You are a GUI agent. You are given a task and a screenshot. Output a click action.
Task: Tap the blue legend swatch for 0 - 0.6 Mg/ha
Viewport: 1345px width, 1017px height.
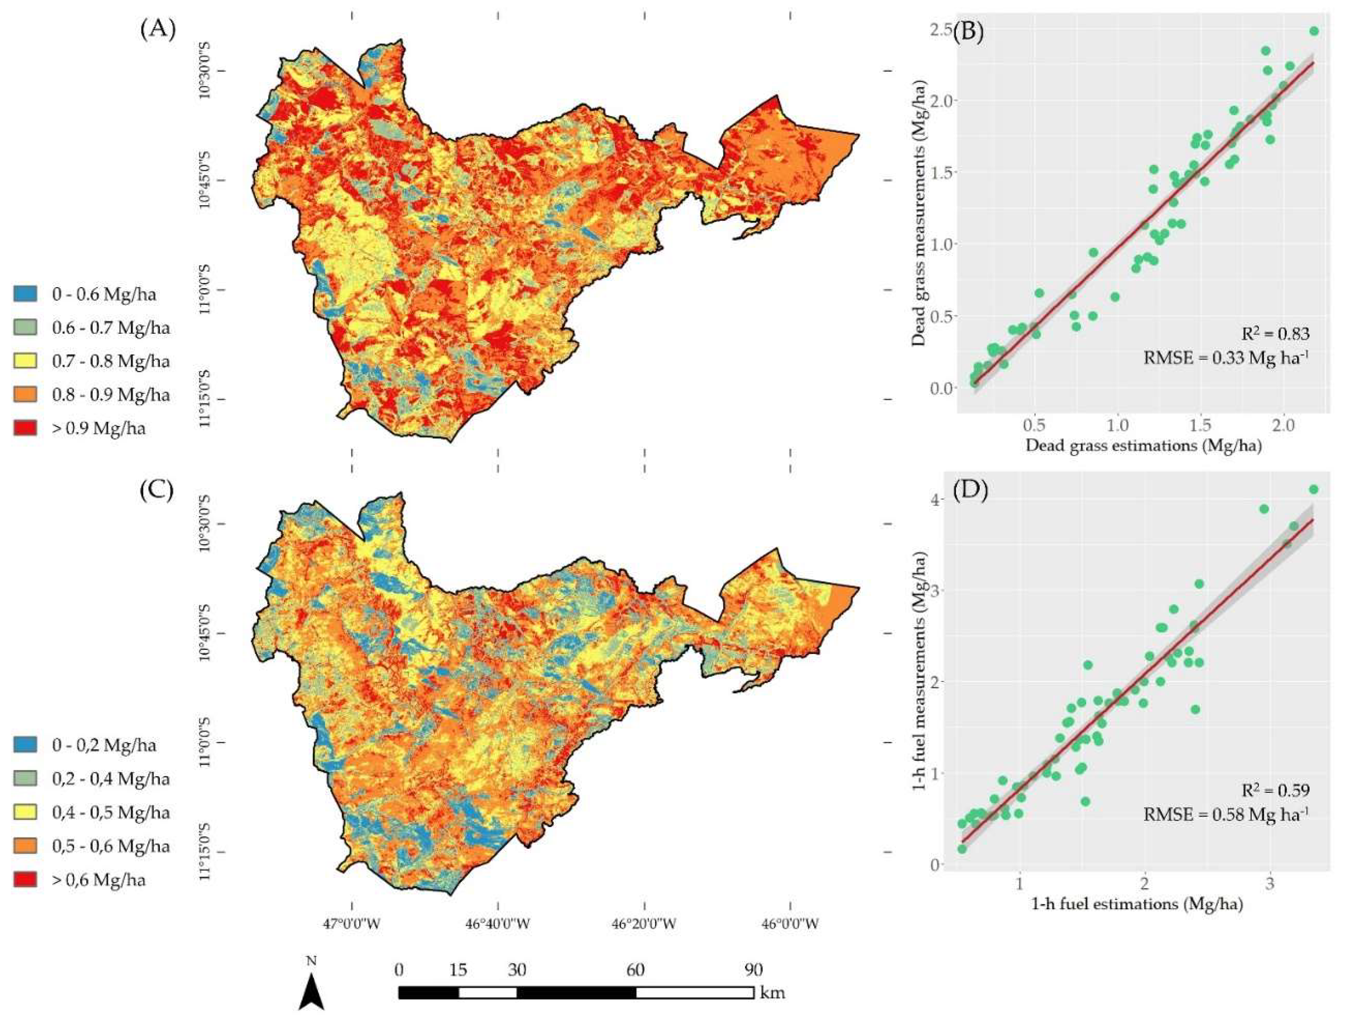click(x=25, y=294)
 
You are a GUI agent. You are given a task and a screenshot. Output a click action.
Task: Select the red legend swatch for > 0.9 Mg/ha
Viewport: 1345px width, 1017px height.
click(x=25, y=428)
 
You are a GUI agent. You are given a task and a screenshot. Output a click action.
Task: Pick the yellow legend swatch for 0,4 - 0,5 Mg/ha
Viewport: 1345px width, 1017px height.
click(x=25, y=812)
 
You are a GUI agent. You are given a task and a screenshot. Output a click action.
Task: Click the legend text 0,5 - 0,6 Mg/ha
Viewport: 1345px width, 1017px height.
click(x=111, y=846)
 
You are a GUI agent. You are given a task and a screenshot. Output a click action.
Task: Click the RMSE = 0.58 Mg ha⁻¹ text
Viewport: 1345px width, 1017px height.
click(x=1225, y=814)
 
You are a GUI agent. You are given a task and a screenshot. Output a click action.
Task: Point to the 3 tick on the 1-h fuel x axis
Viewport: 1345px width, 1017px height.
click(x=1269, y=882)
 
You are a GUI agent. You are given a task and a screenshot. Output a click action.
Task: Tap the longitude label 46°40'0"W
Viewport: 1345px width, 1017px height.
click(x=498, y=924)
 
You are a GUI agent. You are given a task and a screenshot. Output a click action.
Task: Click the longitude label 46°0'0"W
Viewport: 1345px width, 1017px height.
click(x=790, y=924)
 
